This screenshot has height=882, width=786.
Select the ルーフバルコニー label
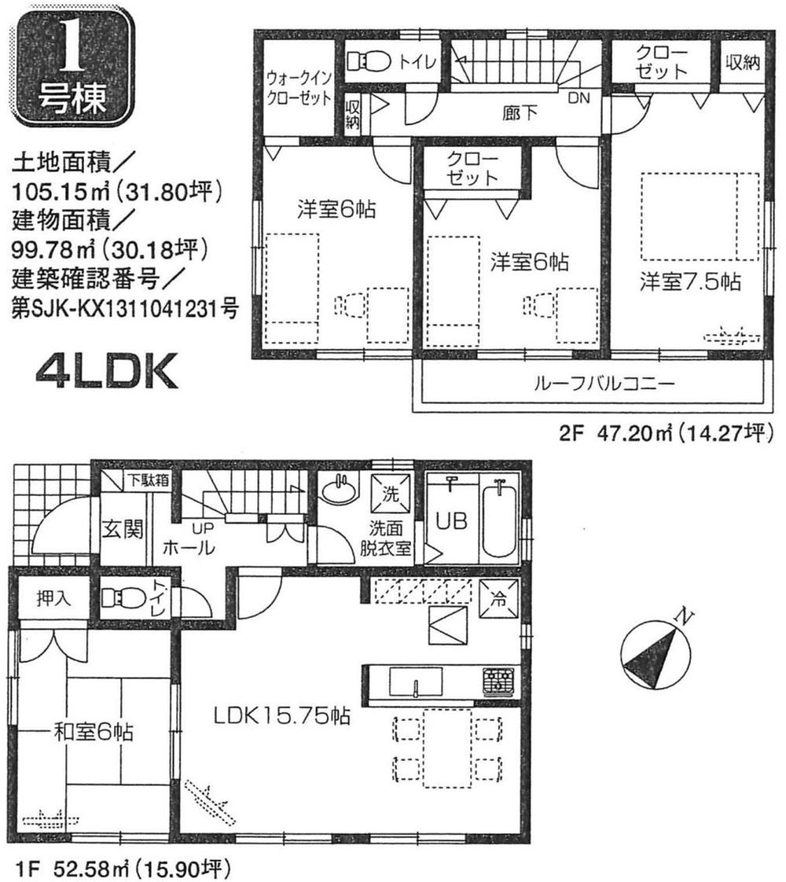click(604, 385)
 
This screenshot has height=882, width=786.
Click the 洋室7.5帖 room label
click(690, 281)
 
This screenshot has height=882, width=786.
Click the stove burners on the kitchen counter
click(498, 681)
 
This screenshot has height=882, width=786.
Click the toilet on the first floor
click(120, 601)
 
